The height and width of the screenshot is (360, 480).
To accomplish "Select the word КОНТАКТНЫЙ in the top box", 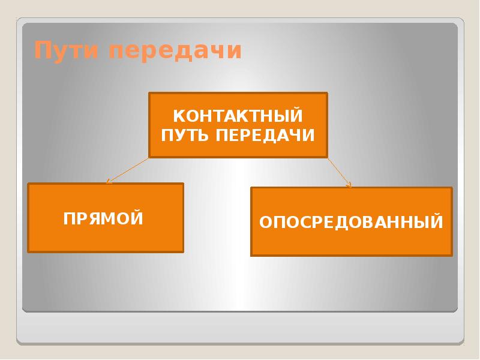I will click(x=238, y=115).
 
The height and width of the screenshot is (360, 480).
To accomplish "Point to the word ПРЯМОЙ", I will click(x=104, y=218).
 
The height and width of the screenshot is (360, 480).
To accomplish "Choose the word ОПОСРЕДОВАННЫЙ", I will click(x=351, y=223).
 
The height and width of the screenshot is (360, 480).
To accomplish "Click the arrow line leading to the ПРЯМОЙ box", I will click(x=127, y=170).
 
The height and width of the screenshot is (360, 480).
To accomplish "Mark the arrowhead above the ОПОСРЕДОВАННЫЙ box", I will click(x=350, y=185).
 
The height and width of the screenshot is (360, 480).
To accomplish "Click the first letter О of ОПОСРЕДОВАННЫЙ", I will click(x=265, y=223).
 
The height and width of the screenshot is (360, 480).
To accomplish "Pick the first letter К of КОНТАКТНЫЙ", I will click(x=178, y=115).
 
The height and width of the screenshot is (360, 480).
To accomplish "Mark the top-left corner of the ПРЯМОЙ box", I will click(x=28, y=184).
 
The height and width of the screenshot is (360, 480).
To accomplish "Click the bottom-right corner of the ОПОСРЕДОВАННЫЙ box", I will click(x=451, y=256).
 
